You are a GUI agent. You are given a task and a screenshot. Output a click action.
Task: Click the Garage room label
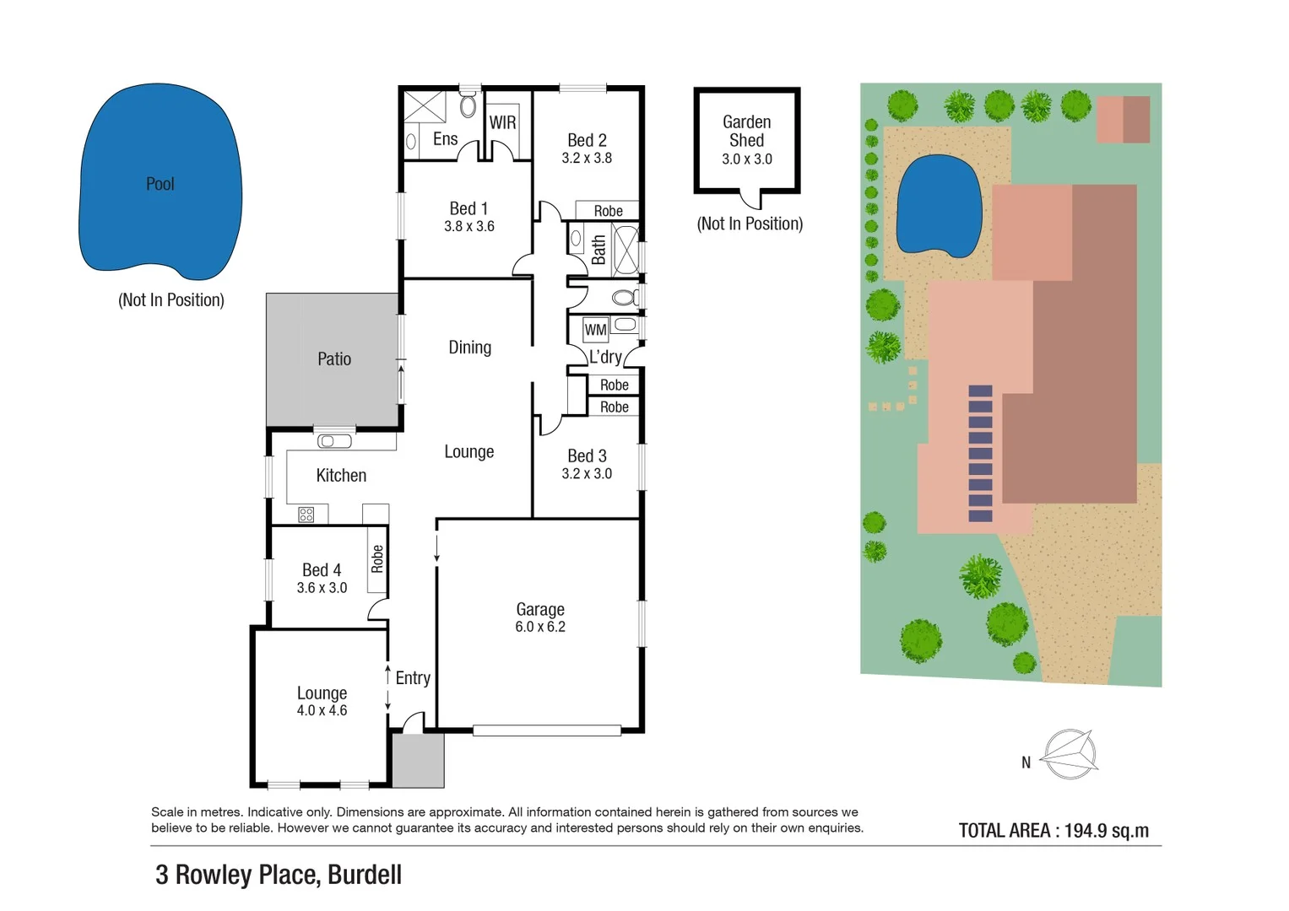[x=540, y=609]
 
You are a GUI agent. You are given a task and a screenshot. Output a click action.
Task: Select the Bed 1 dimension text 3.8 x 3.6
[x=469, y=226]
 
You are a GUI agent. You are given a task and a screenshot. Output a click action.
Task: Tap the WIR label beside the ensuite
[x=502, y=123]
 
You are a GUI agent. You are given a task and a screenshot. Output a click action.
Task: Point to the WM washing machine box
[x=595, y=330]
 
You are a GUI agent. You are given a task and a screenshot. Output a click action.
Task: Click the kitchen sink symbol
[x=334, y=441]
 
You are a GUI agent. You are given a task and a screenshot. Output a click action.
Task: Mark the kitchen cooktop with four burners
[x=306, y=514]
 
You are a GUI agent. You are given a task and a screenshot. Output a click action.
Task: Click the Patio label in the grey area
[x=334, y=359]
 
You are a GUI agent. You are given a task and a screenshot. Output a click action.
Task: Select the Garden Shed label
[x=747, y=132]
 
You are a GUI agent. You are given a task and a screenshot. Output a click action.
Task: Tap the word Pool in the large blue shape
[x=160, y=184]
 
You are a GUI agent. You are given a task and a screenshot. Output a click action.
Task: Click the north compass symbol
[x=1070, y=753]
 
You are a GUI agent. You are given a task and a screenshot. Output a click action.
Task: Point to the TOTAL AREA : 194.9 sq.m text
[x=1053, y=831]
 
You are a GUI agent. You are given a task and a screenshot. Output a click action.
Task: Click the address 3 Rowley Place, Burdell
[x=279, y=875]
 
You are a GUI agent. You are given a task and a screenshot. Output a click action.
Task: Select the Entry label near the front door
[x=413, y=678]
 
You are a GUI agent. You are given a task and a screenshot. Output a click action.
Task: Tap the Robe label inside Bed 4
[x=377, y=559]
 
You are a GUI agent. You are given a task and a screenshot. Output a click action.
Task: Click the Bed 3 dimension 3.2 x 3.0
[x=587, y=474]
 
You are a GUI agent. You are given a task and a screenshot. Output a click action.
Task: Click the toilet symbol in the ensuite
[x=468, y=106]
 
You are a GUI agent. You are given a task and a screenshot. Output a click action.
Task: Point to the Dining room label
[x=469, y=348]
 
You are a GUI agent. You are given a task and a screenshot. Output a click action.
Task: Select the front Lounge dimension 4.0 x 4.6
[x=322, y=711]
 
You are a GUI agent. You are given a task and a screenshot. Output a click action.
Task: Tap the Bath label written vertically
[x=598, y=250]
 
